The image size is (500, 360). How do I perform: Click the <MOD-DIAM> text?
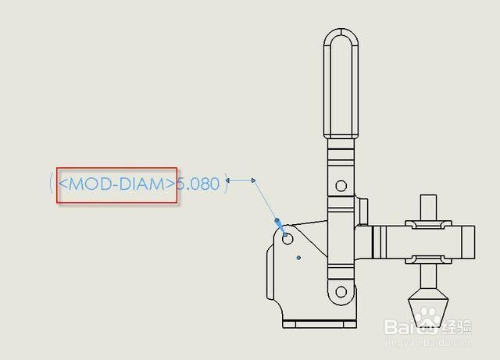tap(116, 184)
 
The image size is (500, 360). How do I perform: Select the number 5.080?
tap(198, 184)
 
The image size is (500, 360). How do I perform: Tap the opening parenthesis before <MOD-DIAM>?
tap(51, 184)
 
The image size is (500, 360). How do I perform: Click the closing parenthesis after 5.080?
tap(226, 184)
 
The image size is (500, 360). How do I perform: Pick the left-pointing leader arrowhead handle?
tap(227, 180)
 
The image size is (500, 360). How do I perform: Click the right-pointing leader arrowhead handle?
tap(253, 180)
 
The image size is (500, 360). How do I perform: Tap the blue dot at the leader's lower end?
tap(277, 220)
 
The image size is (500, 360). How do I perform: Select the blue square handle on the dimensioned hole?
tap(285, 235)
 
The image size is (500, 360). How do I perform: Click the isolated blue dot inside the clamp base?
tap(298, 258)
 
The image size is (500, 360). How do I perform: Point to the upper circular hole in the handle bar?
tap(341, 186)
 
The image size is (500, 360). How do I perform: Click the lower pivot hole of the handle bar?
tap(341, 291)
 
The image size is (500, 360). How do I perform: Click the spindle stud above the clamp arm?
tap(428, 207)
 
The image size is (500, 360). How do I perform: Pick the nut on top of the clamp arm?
tap(428, 224)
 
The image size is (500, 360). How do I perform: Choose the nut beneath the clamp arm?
tap(428, 259)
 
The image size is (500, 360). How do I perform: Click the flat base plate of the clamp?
tap(320, 324)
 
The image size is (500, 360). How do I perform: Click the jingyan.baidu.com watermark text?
tap(429, 343)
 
